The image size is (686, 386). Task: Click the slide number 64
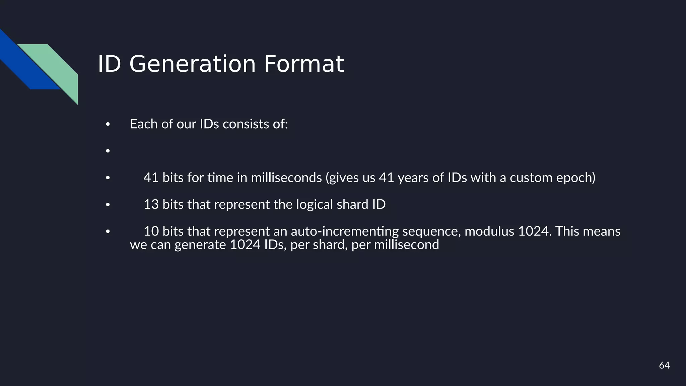664,365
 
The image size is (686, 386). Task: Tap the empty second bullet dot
108,151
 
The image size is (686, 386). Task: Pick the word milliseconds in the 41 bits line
286,178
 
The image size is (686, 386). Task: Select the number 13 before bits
151,204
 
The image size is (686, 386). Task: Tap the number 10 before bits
151,231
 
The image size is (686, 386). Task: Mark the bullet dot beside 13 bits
108,205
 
